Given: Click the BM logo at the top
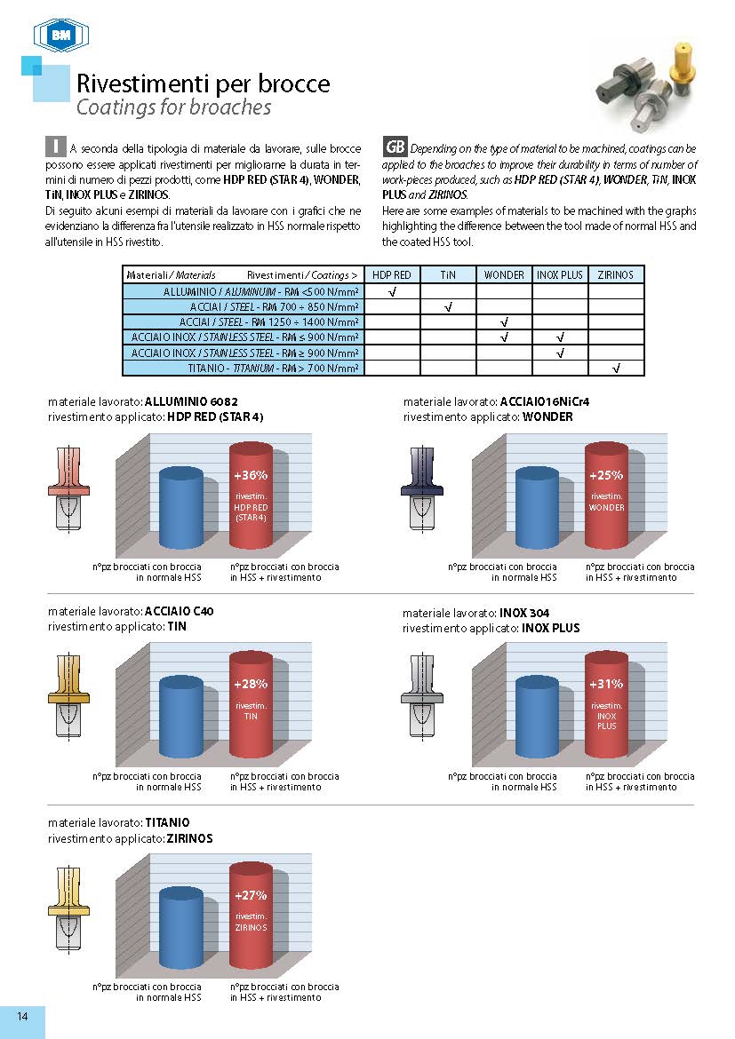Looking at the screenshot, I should pyautogui.click(x=61, y=36).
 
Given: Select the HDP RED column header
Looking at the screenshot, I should pyautogui.click(x=391, y=274).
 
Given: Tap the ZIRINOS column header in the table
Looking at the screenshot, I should pyautogui.click(x=616, y=274).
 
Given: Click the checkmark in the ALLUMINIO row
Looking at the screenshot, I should pyautogui.click(x=392, y=291).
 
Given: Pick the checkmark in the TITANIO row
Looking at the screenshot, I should pyautogui.click(x=616, y=368).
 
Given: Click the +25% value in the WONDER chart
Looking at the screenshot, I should pyautogui.click(x=606, y=476).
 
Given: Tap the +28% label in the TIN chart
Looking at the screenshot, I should pyautogui.click(x=251, y=685).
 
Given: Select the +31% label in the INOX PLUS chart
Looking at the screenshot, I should pyautogui.click(x=606, y=685).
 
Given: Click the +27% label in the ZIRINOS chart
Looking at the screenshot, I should pyautogui.click(x=251, y=895).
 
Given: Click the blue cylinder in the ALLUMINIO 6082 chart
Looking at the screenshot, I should pyautogui.click(x=181, y=509).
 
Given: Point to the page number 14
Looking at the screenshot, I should pyautogui.click(x=22, y=1018).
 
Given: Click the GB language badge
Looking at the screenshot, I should pyautogui.click(x=395, y=147).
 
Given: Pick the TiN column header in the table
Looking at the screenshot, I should pyautogui.click(x=448, y=274).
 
